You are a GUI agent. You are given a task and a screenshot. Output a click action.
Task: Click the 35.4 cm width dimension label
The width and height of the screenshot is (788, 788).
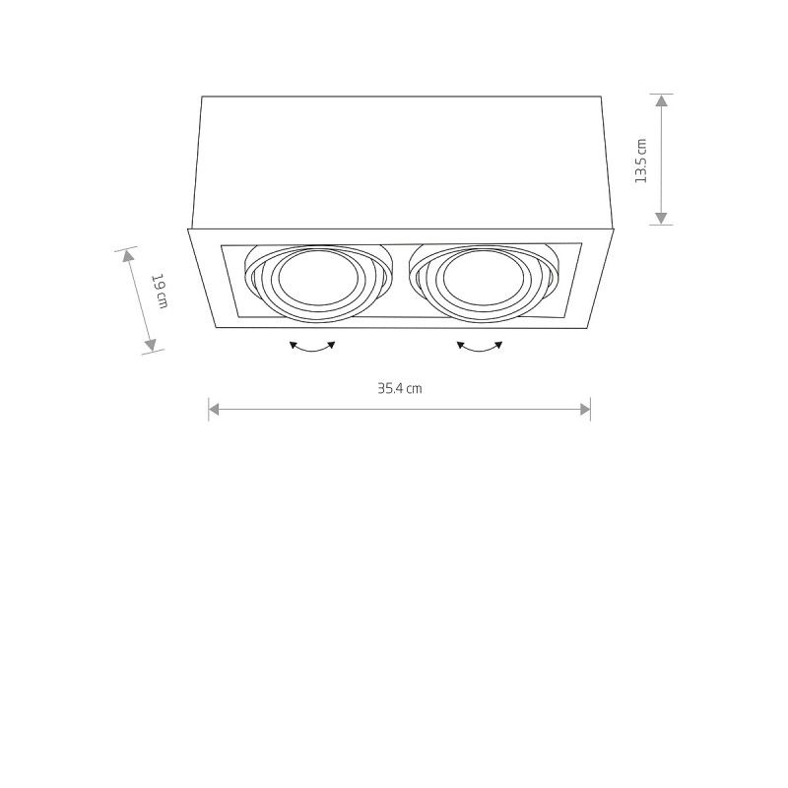point(399,388)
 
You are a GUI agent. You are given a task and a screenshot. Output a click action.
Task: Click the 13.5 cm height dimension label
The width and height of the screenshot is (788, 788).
point(641,160)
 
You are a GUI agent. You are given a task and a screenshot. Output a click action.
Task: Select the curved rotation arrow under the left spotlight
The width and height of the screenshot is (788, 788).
point(313,347)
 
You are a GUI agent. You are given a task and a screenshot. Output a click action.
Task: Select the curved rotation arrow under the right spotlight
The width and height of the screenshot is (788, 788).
point(480,347)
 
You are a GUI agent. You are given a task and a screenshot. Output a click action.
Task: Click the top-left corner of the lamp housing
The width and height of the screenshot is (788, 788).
point(202,97)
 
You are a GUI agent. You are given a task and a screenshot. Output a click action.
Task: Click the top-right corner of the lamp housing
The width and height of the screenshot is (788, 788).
point(602,97)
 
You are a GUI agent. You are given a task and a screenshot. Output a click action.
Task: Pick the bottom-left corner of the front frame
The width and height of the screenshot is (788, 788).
point(215,332)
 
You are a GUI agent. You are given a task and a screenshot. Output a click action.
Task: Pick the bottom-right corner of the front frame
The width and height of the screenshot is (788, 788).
point(590,332)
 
